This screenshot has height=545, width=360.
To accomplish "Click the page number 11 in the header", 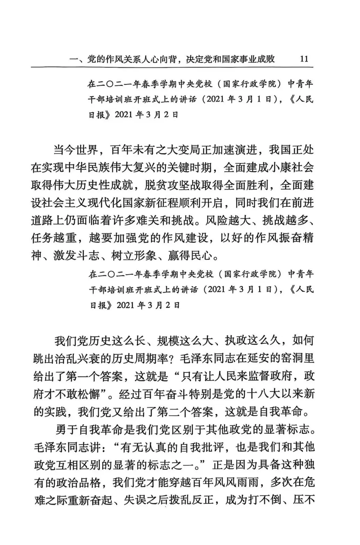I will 304,59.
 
